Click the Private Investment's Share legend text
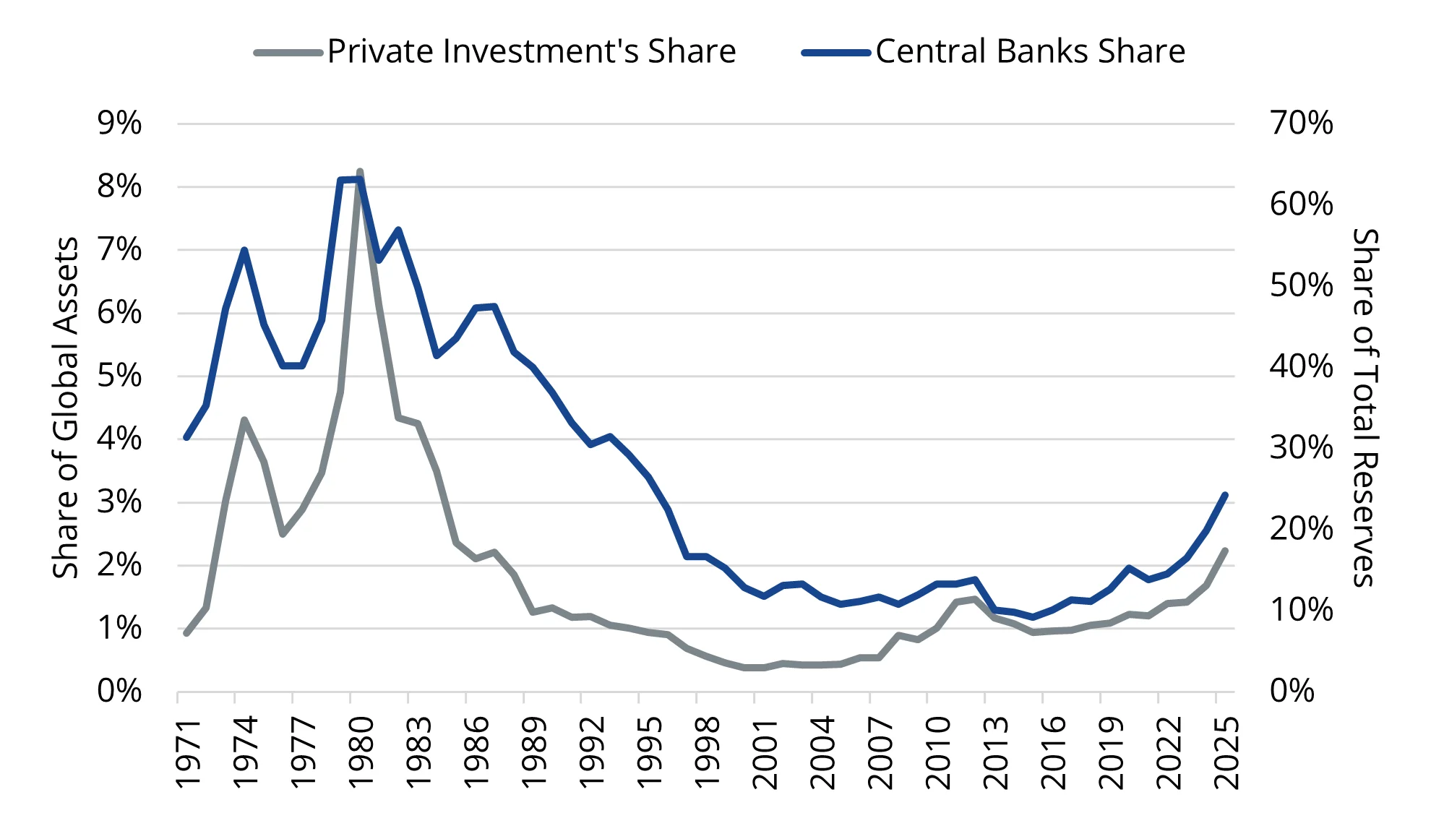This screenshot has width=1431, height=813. (x=531, y=52)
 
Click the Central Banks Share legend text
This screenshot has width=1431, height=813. (x=1030, y=52)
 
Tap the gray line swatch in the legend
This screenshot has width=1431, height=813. (x=288, y=53)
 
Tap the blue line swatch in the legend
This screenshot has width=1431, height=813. (x=835, y=53)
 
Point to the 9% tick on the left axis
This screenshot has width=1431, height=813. (x=119, y=124)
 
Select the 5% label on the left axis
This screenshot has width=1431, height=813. (x=119, y=376)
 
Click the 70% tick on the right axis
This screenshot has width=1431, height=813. (x=1301, y=124)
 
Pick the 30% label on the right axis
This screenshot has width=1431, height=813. (x=1301, y=448)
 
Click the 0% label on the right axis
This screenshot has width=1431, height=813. (x=1292, y=692)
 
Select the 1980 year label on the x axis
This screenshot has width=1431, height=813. (x=361, y=752)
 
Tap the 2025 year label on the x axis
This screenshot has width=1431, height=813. (x=1226, y=752)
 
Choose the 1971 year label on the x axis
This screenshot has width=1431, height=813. (x=187, y=752)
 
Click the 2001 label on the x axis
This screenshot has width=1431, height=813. (x=765, y=752)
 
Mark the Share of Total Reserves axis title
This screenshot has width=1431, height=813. (x=1365, y=408)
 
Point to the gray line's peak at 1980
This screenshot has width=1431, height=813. (x=360, y=172)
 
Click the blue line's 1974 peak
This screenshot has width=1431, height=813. (x=244, y=250)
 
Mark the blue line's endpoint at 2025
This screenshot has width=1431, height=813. (x=1225, y=495)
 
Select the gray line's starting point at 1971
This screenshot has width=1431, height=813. (x=186, y=633)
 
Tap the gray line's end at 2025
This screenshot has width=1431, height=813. (x=1225, y=551)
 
